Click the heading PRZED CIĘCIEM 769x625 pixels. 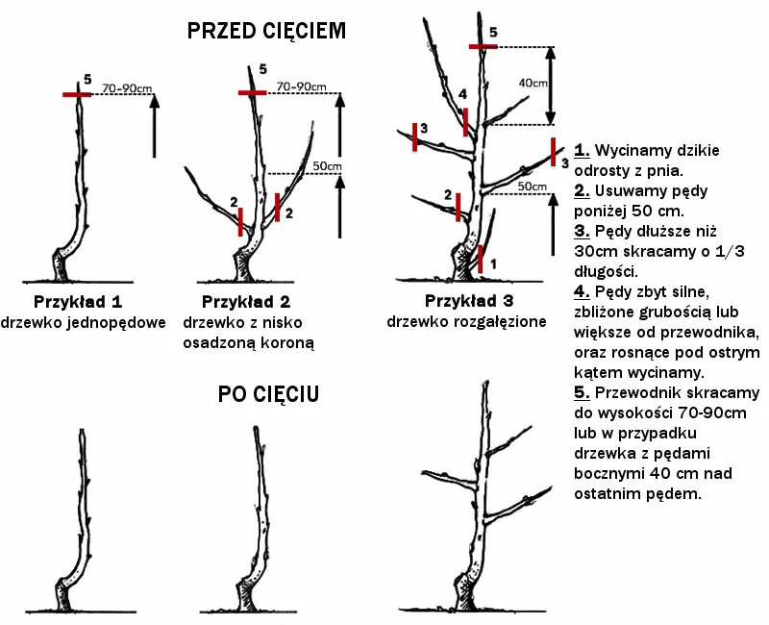266,31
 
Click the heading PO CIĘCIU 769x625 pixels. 269,394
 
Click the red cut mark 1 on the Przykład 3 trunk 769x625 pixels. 481,259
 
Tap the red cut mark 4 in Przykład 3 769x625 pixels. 465,122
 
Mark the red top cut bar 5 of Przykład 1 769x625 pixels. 77,94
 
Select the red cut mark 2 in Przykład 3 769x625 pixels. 459,207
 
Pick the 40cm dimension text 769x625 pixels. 533,84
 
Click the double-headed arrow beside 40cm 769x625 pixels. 551,85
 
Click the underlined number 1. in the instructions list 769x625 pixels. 582,151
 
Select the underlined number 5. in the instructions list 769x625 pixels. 582,393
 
